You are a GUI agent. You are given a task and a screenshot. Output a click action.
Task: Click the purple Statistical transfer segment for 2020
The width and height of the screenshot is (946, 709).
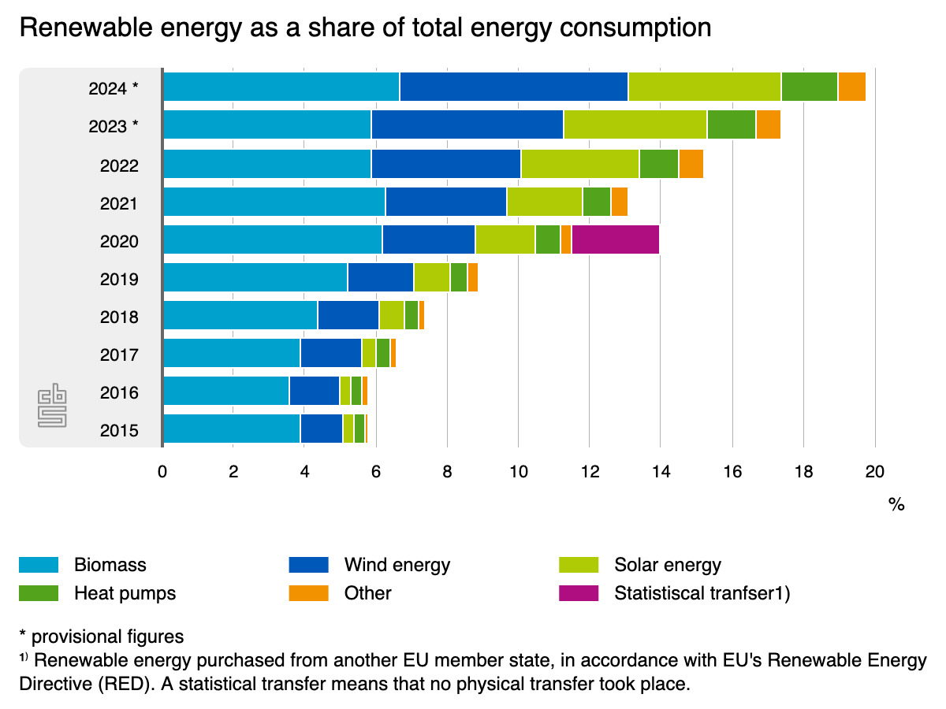coord(616,239)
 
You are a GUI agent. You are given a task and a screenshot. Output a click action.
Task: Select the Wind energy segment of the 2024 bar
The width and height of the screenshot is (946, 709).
coord(514,87)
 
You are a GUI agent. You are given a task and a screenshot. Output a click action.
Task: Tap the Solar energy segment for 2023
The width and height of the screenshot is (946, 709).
coord(635,124)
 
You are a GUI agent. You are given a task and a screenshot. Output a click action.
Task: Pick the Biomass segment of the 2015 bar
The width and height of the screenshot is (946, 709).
coord(231,429)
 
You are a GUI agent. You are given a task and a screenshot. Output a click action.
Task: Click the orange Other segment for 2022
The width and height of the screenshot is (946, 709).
coord(691,163)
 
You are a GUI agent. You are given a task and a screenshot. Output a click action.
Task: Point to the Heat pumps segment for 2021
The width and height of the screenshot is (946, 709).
coord(597,202)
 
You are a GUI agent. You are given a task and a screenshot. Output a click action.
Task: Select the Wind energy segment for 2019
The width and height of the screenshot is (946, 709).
coord(381,277)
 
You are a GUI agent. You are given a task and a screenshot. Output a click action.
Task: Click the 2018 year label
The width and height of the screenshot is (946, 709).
coord(120,317)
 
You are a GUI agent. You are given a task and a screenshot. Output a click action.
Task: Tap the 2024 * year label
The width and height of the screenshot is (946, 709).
coord(114,88)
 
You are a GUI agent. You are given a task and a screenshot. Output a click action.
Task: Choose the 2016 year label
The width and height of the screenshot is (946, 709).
coord(120,392)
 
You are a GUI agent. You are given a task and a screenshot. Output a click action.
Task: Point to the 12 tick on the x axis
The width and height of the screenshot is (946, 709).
coord(589,472)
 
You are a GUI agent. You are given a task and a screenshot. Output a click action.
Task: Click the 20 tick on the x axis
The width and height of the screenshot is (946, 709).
coord(874,472)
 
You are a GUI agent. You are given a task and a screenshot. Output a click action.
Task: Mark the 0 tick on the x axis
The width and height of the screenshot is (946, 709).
coord(162,472)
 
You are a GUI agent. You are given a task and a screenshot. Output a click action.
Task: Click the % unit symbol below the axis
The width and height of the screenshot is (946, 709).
coord(896,505)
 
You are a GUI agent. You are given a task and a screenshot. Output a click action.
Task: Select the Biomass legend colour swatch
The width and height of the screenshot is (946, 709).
coord(39,565)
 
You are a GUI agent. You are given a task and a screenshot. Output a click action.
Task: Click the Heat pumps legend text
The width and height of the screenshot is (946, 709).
coord(125,593)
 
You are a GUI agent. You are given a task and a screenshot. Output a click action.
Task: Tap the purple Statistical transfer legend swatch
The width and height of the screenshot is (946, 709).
coord(579,593)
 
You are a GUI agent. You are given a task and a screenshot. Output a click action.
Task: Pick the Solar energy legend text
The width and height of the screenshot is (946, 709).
coord(667,565)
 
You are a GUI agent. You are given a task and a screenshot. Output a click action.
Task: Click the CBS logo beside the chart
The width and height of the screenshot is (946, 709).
coord(54,406)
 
